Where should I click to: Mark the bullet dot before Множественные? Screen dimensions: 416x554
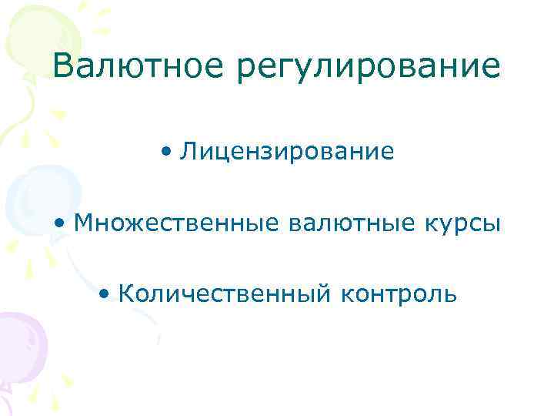point(60,223)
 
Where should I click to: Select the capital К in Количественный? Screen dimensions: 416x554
point(128,294)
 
